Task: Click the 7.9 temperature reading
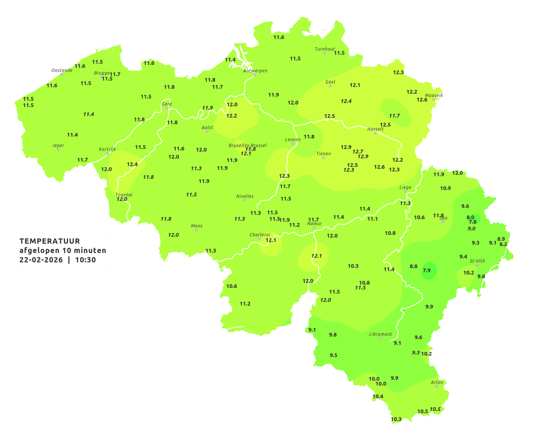pyautogui.click(x=427, y=270)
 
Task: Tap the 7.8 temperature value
pyautogui.click(x=473, y=222)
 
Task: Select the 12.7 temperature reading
pyautogui.click(x=358, y=152)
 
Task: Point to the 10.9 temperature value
pyautogui.click(x=445, y=188)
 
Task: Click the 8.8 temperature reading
pyautogui.click(x=413, y=266)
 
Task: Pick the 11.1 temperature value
pyautogui.click(x=372, y=219)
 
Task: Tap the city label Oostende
pyautogui.click(x=62, y=70)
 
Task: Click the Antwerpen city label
pyautogui.click(x=255, y=71)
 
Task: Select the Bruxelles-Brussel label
pyautogui.click(x=247, y=145)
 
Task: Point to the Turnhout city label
pyautogui.click(x=325, y=49)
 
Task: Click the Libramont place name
pyautogui.click(x=381, y=334)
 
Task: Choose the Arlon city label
pyautogui.click(x=437, y=382)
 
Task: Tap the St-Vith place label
pyautogui.click(x=477, y=261)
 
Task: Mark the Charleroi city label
pyautogui.click(x=260, y=235)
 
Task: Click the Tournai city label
pyautogui.click(x=124, y=195)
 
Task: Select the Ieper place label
pyautogui.click(x=59, y=145)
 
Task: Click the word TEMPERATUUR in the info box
pyautogui.click(x=50, y=241)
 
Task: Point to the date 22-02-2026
pyautogui.click(x=41, y=260)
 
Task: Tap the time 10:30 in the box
pyautogui.click(x=86, y=260)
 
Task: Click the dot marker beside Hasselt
pyautogui.click(x=375, y=133)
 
